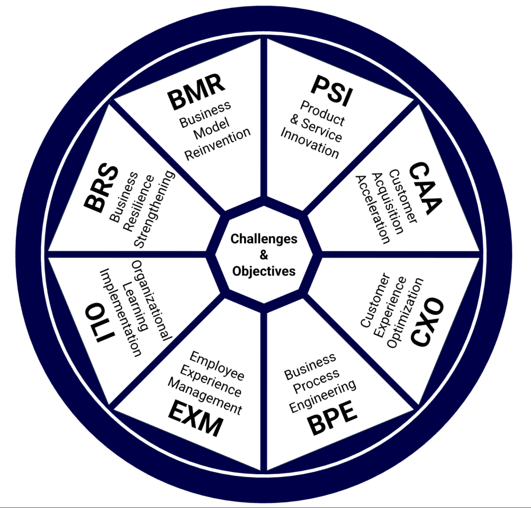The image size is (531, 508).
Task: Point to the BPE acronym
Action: pyautogui.click(x=332, y=418)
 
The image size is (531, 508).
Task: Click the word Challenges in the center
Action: pyautogui.click(x=264, y=239)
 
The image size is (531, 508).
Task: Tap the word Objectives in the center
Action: pyautogui.click(x=264, y=271)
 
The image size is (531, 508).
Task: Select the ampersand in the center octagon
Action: pyautogui.click(x=264, y=255)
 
